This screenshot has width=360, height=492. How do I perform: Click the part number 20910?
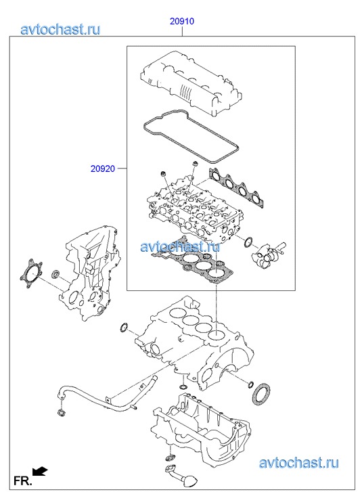click(182, 22)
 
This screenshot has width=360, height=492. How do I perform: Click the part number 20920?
click(103, 169)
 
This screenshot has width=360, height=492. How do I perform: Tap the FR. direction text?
click(22, 480)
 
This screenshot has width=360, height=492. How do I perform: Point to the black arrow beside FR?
click(40, 471)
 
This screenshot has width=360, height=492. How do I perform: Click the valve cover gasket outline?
click(191, 136)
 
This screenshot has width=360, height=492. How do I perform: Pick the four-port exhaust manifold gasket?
click(238, 187)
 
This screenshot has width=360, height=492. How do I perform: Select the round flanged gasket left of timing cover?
click(31, 273)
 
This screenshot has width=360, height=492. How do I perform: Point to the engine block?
click(195, 342)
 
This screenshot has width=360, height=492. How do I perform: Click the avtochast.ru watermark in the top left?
click(60, 29)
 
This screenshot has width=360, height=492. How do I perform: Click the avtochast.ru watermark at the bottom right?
click(298, 463)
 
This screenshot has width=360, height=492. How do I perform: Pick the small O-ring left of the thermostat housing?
click(248, 242)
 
